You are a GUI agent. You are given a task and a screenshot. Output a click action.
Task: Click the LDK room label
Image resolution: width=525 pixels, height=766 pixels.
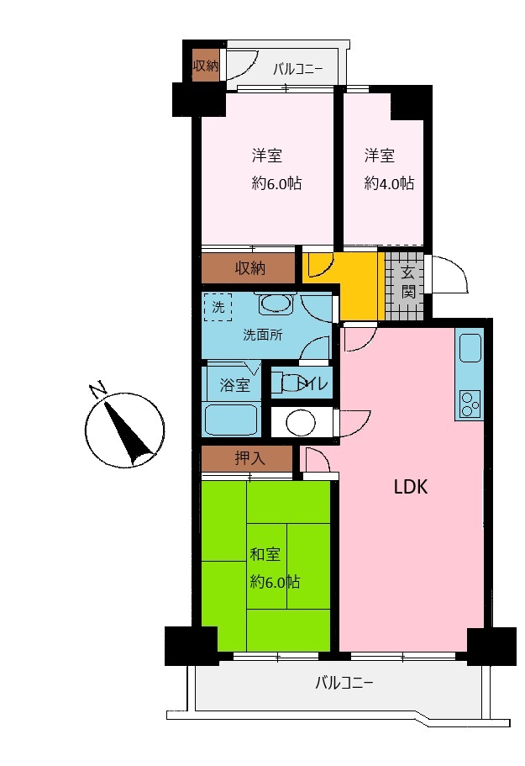coord(411,487)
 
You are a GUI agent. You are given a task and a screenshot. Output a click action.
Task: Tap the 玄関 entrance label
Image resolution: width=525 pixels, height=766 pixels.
coord(408,283)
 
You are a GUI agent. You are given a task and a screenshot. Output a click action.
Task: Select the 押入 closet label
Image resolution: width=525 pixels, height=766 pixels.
coord(249,458)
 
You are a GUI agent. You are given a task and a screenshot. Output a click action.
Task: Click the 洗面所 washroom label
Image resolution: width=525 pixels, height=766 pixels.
coord(263,335)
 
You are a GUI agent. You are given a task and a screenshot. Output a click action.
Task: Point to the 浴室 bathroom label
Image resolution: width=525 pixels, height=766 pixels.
coord(234,385)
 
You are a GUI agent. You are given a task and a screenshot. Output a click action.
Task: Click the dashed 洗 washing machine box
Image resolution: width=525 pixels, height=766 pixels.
coord(218,307)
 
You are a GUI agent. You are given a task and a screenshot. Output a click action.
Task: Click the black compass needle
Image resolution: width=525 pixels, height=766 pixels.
coord(128,431)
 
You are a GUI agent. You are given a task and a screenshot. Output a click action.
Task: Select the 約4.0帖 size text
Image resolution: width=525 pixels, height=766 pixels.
coord(389,183)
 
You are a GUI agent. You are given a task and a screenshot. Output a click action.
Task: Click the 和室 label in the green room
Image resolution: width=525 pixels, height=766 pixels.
coord(265,554)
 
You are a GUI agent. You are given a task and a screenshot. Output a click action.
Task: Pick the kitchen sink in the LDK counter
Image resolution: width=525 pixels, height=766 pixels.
coord(470,348)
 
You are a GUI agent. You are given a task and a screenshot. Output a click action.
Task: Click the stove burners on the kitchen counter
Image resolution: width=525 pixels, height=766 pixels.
coord(470,404)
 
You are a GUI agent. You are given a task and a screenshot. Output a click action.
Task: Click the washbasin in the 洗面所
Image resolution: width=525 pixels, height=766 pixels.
coord(276,305)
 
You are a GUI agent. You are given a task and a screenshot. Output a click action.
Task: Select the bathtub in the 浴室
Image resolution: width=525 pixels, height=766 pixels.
coord(231,420)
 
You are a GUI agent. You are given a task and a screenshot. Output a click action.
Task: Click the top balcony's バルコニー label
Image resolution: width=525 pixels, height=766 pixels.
coord(297,69)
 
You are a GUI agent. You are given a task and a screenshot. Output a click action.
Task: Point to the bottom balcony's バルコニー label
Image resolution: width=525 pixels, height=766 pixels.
coord(344,682)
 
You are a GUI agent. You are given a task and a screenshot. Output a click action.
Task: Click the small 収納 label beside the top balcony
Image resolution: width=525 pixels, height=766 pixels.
coord(206,66)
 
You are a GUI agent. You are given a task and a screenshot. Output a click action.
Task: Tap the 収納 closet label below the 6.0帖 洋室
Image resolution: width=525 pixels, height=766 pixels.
coord(250,267)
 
